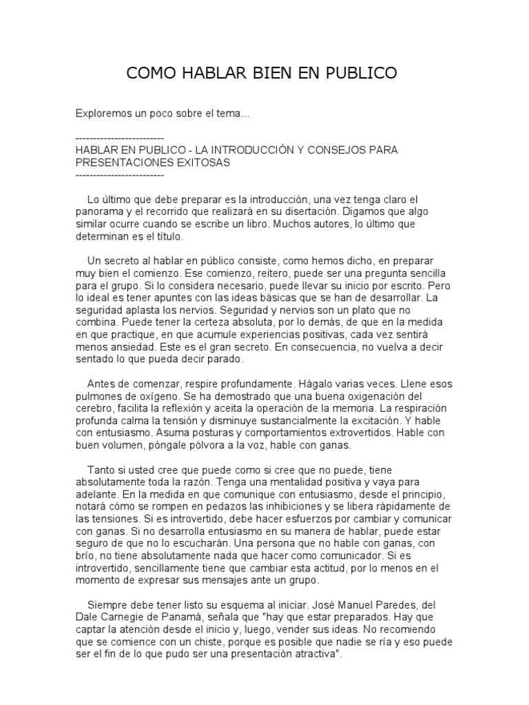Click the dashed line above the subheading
(x=119, y=138)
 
